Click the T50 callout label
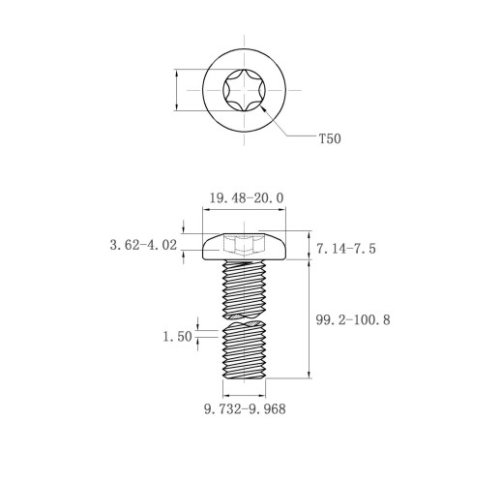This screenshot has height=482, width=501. (x=330, y=138)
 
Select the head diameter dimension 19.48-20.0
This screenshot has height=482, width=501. (x=247, y=197)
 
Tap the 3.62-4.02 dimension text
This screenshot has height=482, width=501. (x=143, y=245)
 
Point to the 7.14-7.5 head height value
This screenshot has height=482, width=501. (x=346, y=249)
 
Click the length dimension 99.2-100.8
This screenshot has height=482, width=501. (x=353, y=319)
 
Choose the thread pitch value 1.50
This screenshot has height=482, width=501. (x=178, y=337)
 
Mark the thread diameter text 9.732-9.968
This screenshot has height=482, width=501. (x=245, y=409)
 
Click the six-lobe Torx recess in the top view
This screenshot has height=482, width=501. (x=245, y=90)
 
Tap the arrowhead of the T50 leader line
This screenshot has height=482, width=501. (x=263, y=108)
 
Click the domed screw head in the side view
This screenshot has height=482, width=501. (x=244, y=246)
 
